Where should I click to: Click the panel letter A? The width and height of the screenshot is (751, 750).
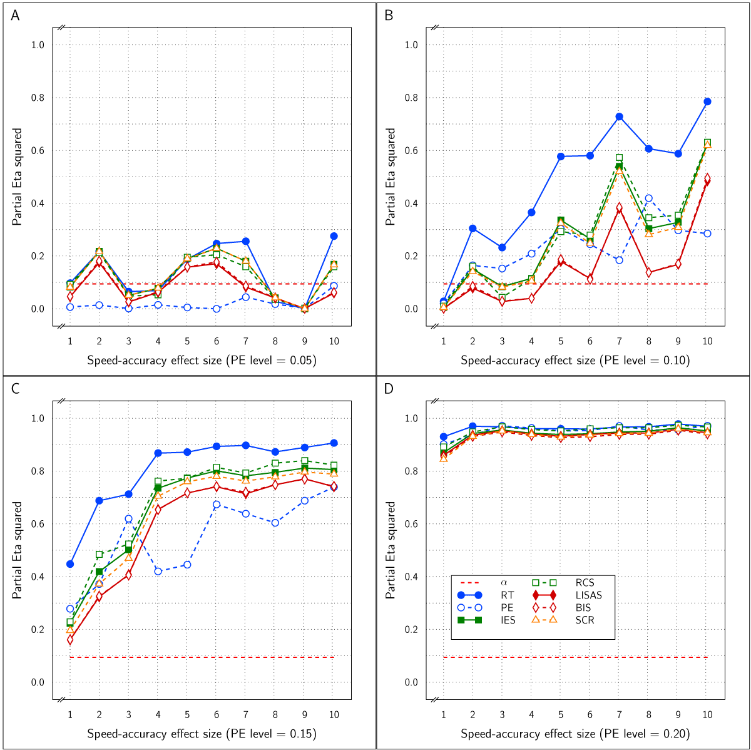pos(15,16)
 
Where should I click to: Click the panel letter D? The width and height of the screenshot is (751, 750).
pos(389,389)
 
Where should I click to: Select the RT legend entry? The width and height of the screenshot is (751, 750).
pos(508,595)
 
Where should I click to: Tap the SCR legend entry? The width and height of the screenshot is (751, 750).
pos(585,620)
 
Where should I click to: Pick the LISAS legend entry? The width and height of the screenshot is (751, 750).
pos(588,595)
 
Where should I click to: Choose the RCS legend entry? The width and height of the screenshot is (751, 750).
pos(585,583)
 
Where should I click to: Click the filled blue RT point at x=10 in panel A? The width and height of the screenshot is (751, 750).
pos(334,236)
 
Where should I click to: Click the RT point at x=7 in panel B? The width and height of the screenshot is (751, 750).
pos(619,116)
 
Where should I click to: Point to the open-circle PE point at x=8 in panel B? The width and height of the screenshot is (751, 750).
pos(648,198)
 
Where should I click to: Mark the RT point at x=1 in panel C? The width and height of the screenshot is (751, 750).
pos(70,564)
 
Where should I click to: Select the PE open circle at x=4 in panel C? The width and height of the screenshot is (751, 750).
pos(158,572)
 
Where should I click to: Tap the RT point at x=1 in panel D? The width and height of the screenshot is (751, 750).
pos(444,437)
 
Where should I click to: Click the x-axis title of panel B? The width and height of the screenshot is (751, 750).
pos(575,361)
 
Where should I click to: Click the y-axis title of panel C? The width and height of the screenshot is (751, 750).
pos(17,550)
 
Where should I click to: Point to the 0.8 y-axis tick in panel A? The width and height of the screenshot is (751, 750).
pos(38,98)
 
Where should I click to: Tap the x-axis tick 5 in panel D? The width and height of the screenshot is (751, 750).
pos(561,715)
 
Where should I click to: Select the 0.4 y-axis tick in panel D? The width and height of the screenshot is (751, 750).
pos(411,577)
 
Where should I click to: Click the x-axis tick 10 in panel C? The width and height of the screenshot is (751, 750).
pos(334,715)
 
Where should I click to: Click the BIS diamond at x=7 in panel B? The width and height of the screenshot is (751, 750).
pos(619,208)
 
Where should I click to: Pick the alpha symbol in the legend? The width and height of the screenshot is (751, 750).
pos(504,583)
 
